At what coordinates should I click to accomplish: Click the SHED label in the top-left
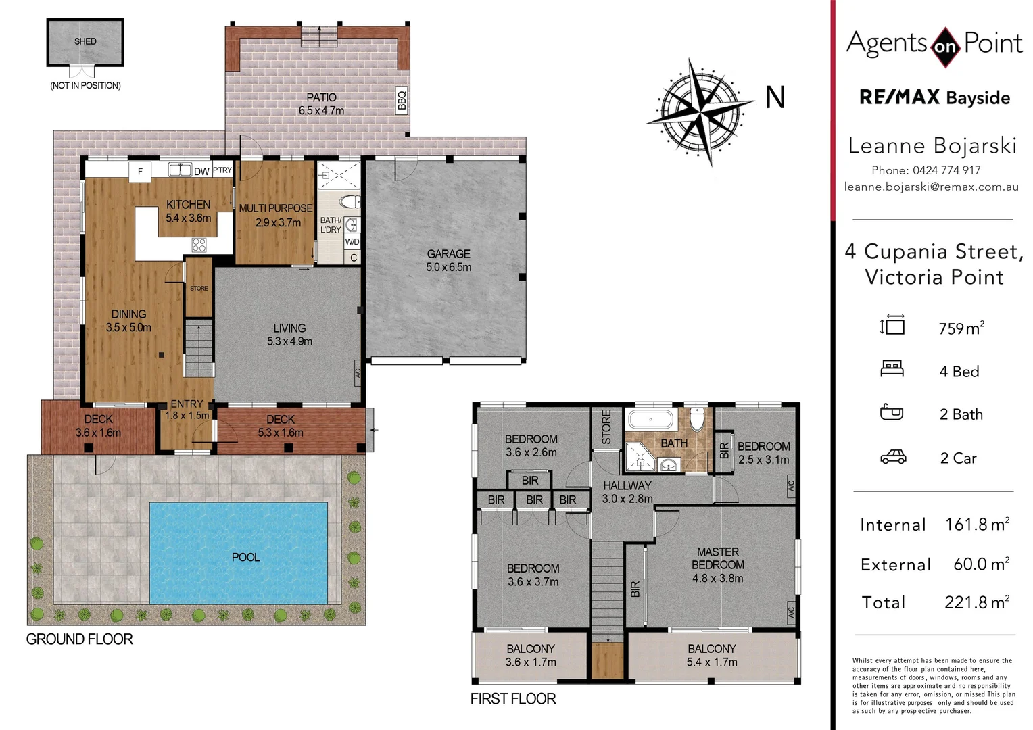[x=85, y=41]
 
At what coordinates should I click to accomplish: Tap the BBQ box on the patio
[x=402, y=100]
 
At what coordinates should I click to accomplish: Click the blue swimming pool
[x=238, y=553]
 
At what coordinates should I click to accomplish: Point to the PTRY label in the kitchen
[x=222, y=170]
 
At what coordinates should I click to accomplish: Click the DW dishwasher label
[x=201, y=172]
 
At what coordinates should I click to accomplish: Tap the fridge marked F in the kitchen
[x=140, y=172]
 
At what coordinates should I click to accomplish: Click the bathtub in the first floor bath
[x=650, y=419]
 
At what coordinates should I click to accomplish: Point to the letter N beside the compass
[x=775, y=98]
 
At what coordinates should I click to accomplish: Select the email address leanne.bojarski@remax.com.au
[x=931, y=187]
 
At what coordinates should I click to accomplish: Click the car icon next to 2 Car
[x=892, y=458]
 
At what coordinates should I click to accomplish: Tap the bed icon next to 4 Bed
[x=892, y=369]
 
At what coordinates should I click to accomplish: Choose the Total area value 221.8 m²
[x=976, y=602]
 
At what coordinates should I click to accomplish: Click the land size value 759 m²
[x=961, y=328]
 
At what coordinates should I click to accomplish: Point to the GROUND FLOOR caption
[x=79, y=639]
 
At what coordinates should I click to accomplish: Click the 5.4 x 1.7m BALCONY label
[x=711, y=655]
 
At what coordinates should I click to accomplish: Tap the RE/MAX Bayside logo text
[x=934, y=98]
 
